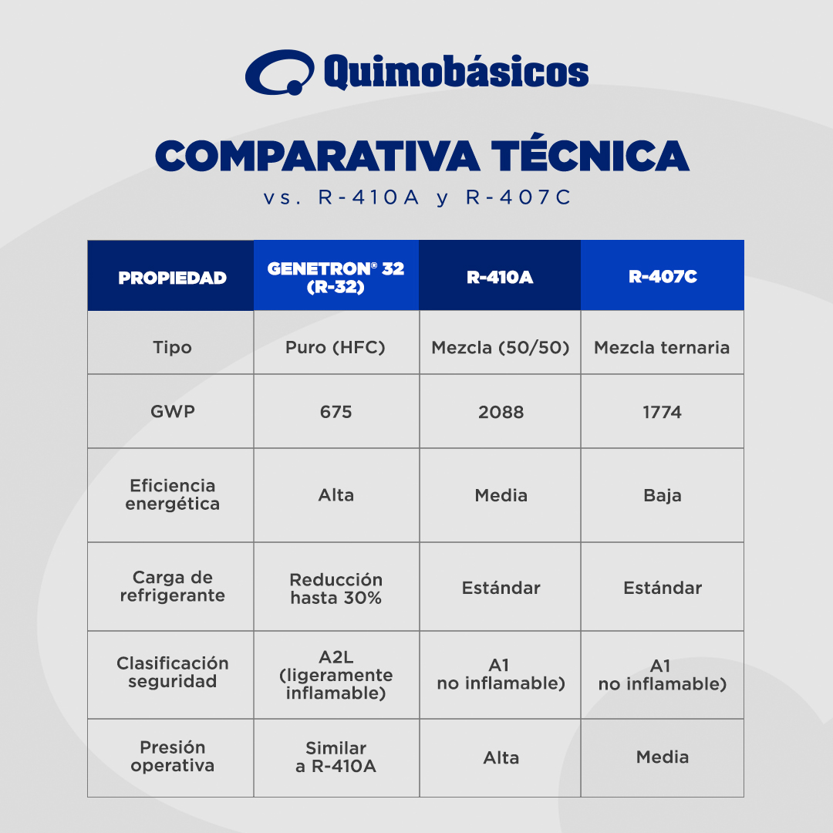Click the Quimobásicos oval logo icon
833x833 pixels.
point(279,73)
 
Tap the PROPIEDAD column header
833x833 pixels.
point(172,278)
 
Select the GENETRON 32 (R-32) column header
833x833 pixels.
point(336,278)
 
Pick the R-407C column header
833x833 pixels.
point(663,277)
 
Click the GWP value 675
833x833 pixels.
point(336,412)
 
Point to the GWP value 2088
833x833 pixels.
point(501,412)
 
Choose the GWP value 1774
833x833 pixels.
point(662,412)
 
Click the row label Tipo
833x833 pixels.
point(172,347)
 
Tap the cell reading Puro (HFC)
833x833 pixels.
point(336,347)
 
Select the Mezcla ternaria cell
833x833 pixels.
point(662,347)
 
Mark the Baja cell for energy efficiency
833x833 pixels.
point(663,496)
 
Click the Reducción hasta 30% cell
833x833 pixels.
point(336,588)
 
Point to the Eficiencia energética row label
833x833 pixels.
point(172,494)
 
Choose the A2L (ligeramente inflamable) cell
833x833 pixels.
point(336,675)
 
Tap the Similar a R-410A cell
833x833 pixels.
point(336,757)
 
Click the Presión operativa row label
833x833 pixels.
point(172,757)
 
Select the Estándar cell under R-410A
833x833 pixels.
point(501,588)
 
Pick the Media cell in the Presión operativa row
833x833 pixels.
point(663,757)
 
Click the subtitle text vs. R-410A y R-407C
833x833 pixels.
point(417,197)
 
